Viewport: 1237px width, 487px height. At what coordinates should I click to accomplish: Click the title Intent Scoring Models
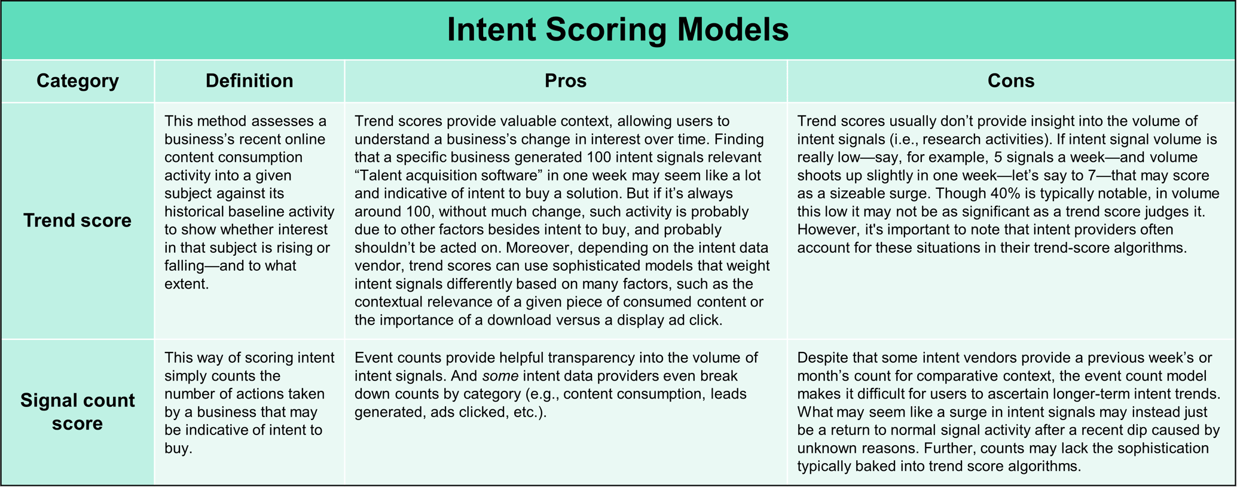(618, 30)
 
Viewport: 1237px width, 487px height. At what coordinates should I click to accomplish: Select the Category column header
(78, 81)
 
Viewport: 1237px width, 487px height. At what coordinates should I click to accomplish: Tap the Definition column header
(249, 81)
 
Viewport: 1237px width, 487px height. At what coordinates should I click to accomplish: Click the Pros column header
(565, 81)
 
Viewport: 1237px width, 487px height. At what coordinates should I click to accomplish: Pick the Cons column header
(1010, 81)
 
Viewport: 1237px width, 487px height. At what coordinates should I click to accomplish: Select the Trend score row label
(78, 220)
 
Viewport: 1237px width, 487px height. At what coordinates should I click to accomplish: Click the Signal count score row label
(78, 412)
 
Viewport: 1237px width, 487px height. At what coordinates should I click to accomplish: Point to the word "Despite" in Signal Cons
(822, 358)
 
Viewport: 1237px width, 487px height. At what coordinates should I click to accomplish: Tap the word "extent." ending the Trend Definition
(187, 284)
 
